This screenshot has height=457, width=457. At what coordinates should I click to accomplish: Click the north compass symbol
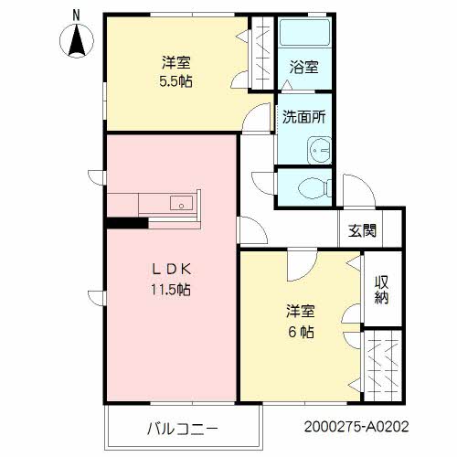[77, 40]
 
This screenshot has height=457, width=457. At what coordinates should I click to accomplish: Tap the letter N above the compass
[77, 13]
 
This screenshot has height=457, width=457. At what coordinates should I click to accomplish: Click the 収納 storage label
[381, 288]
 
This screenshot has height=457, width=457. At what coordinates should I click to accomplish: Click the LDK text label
[171, 270]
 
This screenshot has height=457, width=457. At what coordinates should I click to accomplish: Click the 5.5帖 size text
[176, 80]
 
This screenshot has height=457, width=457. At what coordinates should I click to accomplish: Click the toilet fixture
[311, 188]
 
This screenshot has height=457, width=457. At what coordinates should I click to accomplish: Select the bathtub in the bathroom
[302, 41]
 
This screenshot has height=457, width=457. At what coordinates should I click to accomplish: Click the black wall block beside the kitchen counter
[126, 221]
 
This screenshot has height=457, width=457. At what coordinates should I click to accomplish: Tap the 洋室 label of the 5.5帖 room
[176, 62]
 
